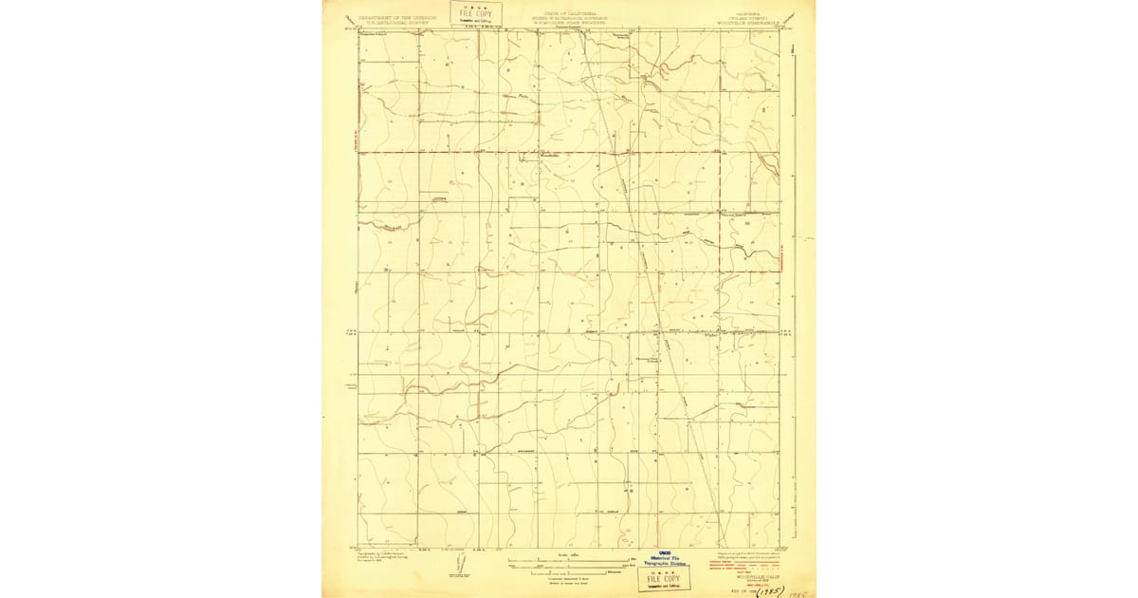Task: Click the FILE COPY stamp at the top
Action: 471,13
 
